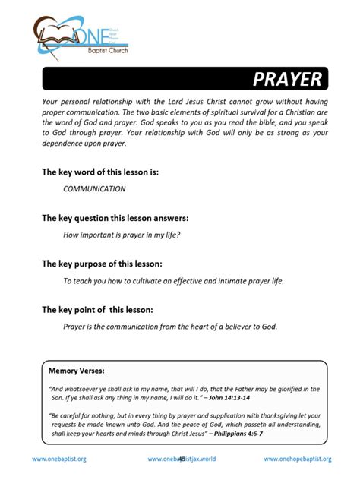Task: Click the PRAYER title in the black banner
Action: [286, 80]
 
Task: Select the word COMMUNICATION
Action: [94, 188]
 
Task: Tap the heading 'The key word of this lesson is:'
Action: [99, 172]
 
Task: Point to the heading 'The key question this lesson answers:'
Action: [115, 218]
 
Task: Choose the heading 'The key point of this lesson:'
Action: [97, 309]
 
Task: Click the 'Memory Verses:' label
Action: [76, 371]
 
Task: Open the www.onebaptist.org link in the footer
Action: [58, 459]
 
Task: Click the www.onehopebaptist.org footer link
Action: [297, 459]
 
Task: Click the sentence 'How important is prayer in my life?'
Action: [121, 234]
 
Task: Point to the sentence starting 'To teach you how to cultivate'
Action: [173, 280]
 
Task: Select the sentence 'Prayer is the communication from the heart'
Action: [170, 327]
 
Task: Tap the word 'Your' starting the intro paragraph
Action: [50, 101]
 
